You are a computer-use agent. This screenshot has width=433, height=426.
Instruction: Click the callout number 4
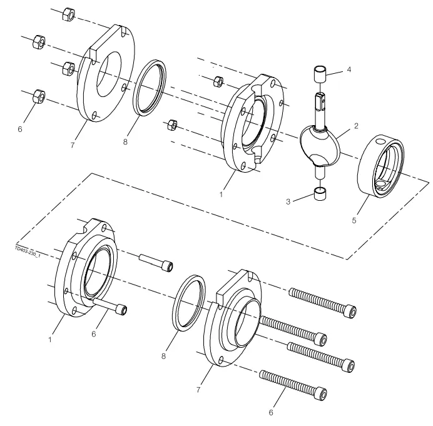tap(349, 69)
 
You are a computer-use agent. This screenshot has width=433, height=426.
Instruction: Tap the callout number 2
tap(355, 126)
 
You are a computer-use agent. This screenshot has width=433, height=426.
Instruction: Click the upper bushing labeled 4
tap(321, 74)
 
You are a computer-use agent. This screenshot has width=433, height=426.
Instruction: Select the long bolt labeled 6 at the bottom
tap(294, 383)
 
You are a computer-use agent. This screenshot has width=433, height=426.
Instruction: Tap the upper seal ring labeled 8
tap(150, 87)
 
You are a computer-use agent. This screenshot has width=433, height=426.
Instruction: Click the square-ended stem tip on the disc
tap(321, 98)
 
